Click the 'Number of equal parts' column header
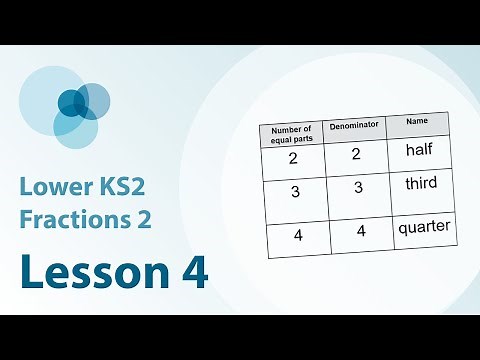point(292,134)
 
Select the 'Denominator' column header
point(353,127)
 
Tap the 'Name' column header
point(416,121)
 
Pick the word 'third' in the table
point(422,185)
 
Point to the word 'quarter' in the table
point(424,226)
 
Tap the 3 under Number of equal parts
point(296,192)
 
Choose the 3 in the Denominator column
point(357,188)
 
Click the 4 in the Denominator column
point(359,232)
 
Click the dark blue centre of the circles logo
point(71,102)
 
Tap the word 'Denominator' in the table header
point(353,127)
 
